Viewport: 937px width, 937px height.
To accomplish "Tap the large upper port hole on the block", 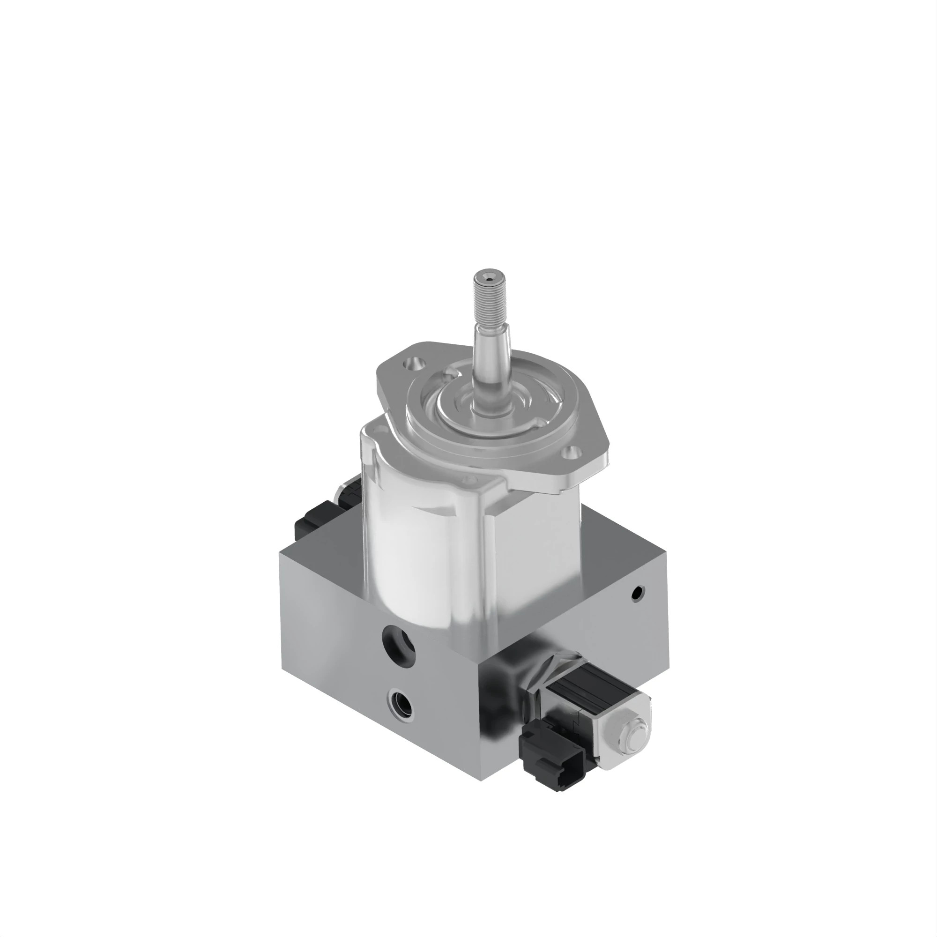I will tap(399, 644).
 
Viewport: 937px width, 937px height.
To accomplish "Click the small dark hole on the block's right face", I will tap(639, 592).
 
